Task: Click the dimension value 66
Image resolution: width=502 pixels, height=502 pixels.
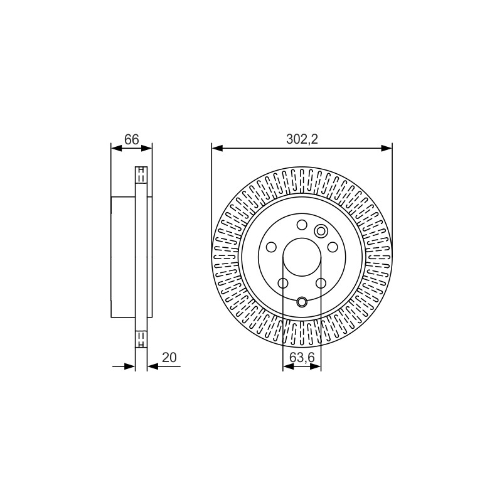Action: point(132,139)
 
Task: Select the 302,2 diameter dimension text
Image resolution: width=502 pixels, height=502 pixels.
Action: point(302,139)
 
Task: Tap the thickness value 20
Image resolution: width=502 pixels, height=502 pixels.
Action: point(169,357)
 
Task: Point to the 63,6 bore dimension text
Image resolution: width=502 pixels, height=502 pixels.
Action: point(302,357)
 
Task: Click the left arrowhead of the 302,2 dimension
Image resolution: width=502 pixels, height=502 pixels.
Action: point(217,148)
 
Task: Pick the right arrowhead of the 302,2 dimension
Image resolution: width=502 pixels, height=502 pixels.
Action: point(387,148)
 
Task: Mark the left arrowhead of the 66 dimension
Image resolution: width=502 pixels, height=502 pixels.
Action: point(117,148)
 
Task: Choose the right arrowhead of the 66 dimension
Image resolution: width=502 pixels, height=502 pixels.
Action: point(147,148)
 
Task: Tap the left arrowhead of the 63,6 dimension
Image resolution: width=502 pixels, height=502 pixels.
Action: point(289,366)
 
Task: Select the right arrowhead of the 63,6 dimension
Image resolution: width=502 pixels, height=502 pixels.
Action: point(316,366)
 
